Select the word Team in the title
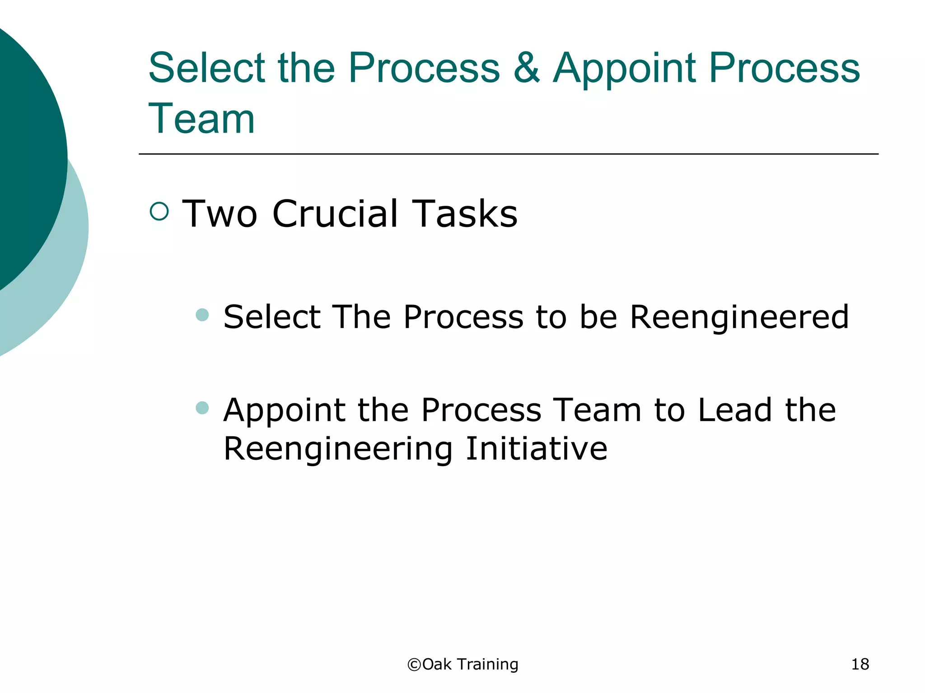pos(201,119)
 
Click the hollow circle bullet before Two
pos(159,211)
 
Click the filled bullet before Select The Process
pos(202,314)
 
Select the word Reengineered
pos(739,317)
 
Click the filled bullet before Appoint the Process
pos(202,408)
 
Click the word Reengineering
pos(338,449)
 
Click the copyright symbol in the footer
pos(414,665)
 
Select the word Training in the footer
pos(487,665)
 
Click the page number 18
pos(860,665)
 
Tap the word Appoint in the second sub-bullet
pos(285,411)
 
